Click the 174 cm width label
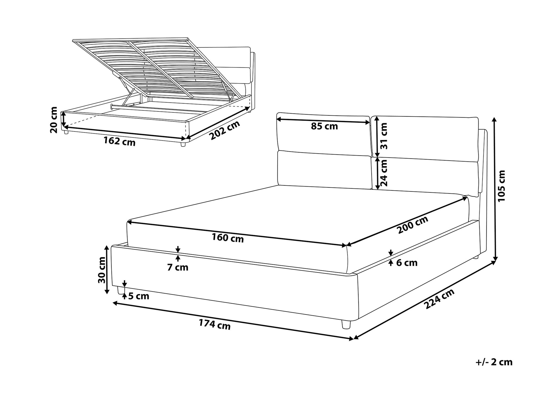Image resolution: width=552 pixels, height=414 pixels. pyautogui.click(x=215, y=325)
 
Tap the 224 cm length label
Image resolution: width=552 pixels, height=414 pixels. pyautogui.click(x=439, y=299)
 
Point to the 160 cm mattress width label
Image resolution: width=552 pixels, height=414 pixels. pyautogui.click(x=228, y=238)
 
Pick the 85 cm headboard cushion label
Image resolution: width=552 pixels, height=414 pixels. pyautogui.click(x=324, y=126)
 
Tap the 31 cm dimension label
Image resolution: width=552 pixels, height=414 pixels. pyautogui.click(x=384, y=136)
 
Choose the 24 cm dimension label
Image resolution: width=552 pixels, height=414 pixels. pyautogui.click(x=384, y=173)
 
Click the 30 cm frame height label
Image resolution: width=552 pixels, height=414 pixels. pyautogui.click(x=102, y=270)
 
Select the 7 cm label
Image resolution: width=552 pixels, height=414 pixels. pyautogui.click(x=178, y=267)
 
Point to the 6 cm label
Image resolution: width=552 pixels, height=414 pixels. pyautogui.click(x=407, y=263)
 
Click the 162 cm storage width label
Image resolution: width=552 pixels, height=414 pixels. pyautogui.click(x=120, y=141)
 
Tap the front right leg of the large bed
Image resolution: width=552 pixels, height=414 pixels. pyautogui.click(x=346, y=324)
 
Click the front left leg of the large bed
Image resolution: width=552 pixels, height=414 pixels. pyautogui.click(x=120, y=290)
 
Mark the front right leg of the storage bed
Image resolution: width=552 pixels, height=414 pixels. pyautogui.click(x=183, y=144)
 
